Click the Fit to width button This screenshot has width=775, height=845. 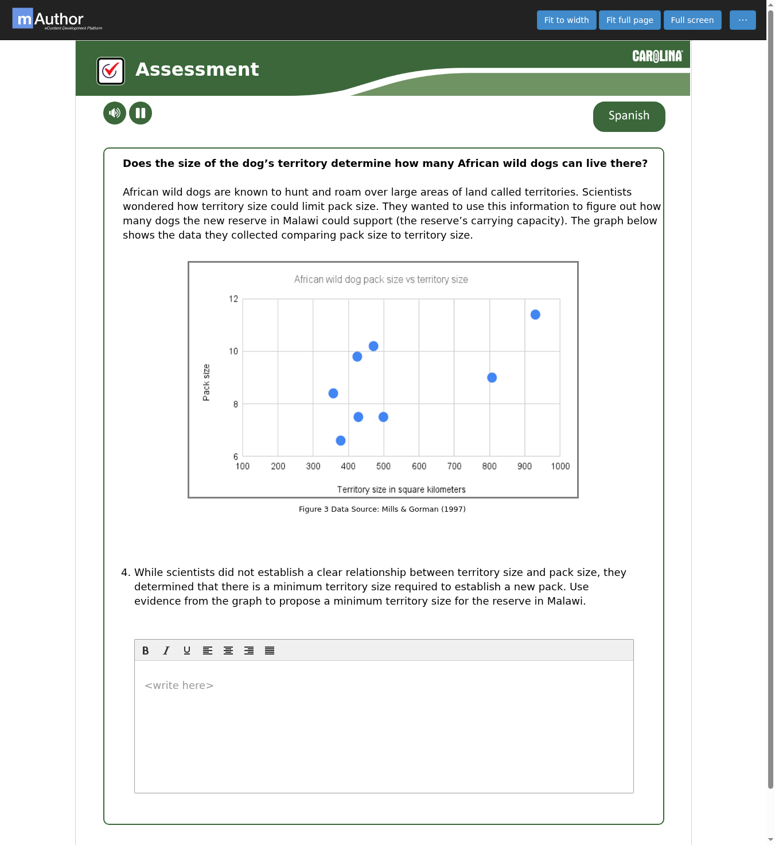(x=566, y=20)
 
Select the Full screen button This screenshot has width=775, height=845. (x=692, y=20)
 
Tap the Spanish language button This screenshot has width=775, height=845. (x=629, y=116)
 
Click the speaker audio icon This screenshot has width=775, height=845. (x=115, y=113)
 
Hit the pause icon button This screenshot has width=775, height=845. (x=141, y=113)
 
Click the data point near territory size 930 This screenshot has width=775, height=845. (x=535, y=315)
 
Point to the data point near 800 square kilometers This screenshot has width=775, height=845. (x=492, y=377)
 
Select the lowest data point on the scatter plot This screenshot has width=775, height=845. (x=341, y=441)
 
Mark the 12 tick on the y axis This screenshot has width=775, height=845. (x=233, y=299)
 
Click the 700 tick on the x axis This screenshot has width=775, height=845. (x=454, y=466)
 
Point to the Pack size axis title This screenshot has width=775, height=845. (x=206, y=382)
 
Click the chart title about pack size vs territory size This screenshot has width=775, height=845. (x=381, y=279)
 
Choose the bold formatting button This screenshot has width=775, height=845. (x=145, y=651)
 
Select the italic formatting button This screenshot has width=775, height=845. (x=166, y=651)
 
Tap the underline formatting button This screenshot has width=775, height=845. (x=186, y=651)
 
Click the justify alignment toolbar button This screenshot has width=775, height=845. (x=269, y=651)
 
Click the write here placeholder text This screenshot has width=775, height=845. (x=179, y=686)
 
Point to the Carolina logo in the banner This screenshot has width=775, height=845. (x=657, y=56)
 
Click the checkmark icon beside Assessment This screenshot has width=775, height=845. (x=110, y=71)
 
